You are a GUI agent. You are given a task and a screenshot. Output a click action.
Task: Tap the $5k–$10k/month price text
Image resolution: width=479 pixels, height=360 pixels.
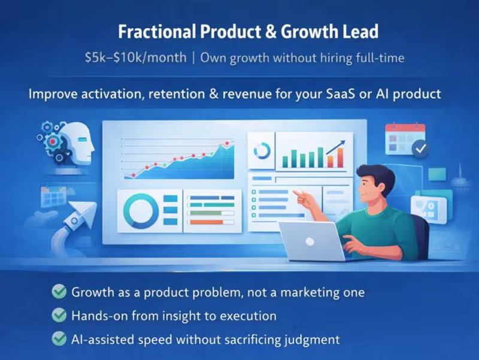[137, 58]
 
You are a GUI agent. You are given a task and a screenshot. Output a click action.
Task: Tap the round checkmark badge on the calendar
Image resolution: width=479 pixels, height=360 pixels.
[420, 149]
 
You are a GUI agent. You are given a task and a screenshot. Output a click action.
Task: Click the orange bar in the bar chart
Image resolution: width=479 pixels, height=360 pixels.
[340, 158]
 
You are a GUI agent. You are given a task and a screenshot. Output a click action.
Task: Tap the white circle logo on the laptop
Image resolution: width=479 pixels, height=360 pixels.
[310, 241]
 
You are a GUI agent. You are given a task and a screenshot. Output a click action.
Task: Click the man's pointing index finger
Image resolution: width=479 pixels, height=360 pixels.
[295, 193]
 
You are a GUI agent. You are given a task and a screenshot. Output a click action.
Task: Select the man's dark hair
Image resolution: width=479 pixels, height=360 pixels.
[377, 176]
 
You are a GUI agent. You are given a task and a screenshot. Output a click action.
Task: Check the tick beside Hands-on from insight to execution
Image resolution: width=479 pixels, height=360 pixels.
[59, 315]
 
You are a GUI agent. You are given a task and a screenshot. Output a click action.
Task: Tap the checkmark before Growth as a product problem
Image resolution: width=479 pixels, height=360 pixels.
[59, 292]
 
